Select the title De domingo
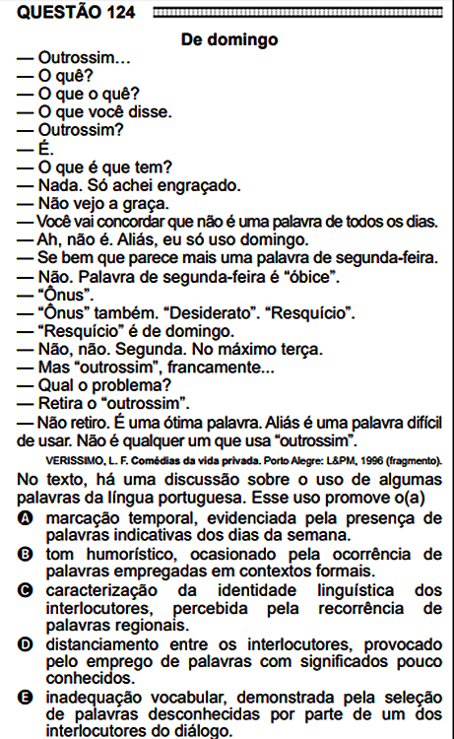click(x=229, y=40)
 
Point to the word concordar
click(x=122, y=222)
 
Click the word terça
click(x=302, y=349)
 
